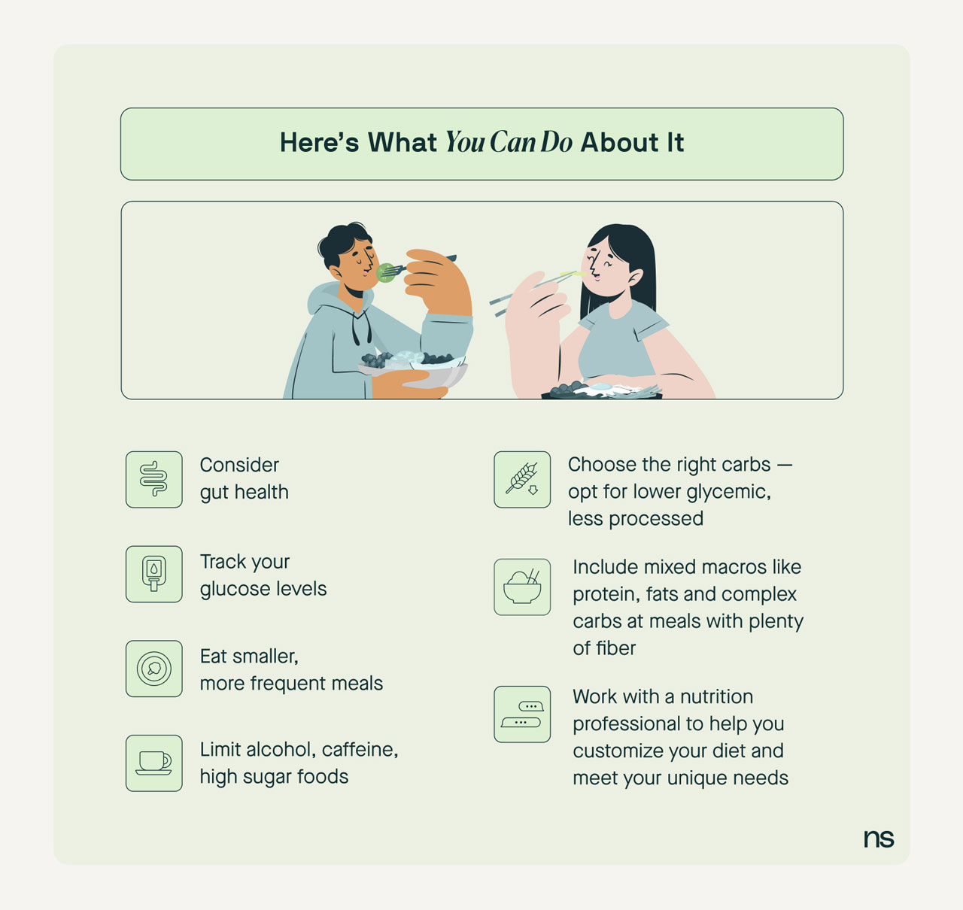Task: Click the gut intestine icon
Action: click(x=153, y=480)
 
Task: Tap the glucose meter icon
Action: click(x=153, y=574)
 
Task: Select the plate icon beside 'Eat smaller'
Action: click(x=153, y=669)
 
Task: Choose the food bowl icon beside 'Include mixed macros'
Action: click(x=522, y=587)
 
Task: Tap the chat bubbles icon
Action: click(x=522, y=714)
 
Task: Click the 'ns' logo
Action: click(x=879, y=839)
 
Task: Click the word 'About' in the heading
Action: click(x=620, y=143)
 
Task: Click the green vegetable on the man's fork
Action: click(x=385, y=273)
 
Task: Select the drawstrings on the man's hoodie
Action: click(x=361, y=325)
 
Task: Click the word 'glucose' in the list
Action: click(x=235, y=589)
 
